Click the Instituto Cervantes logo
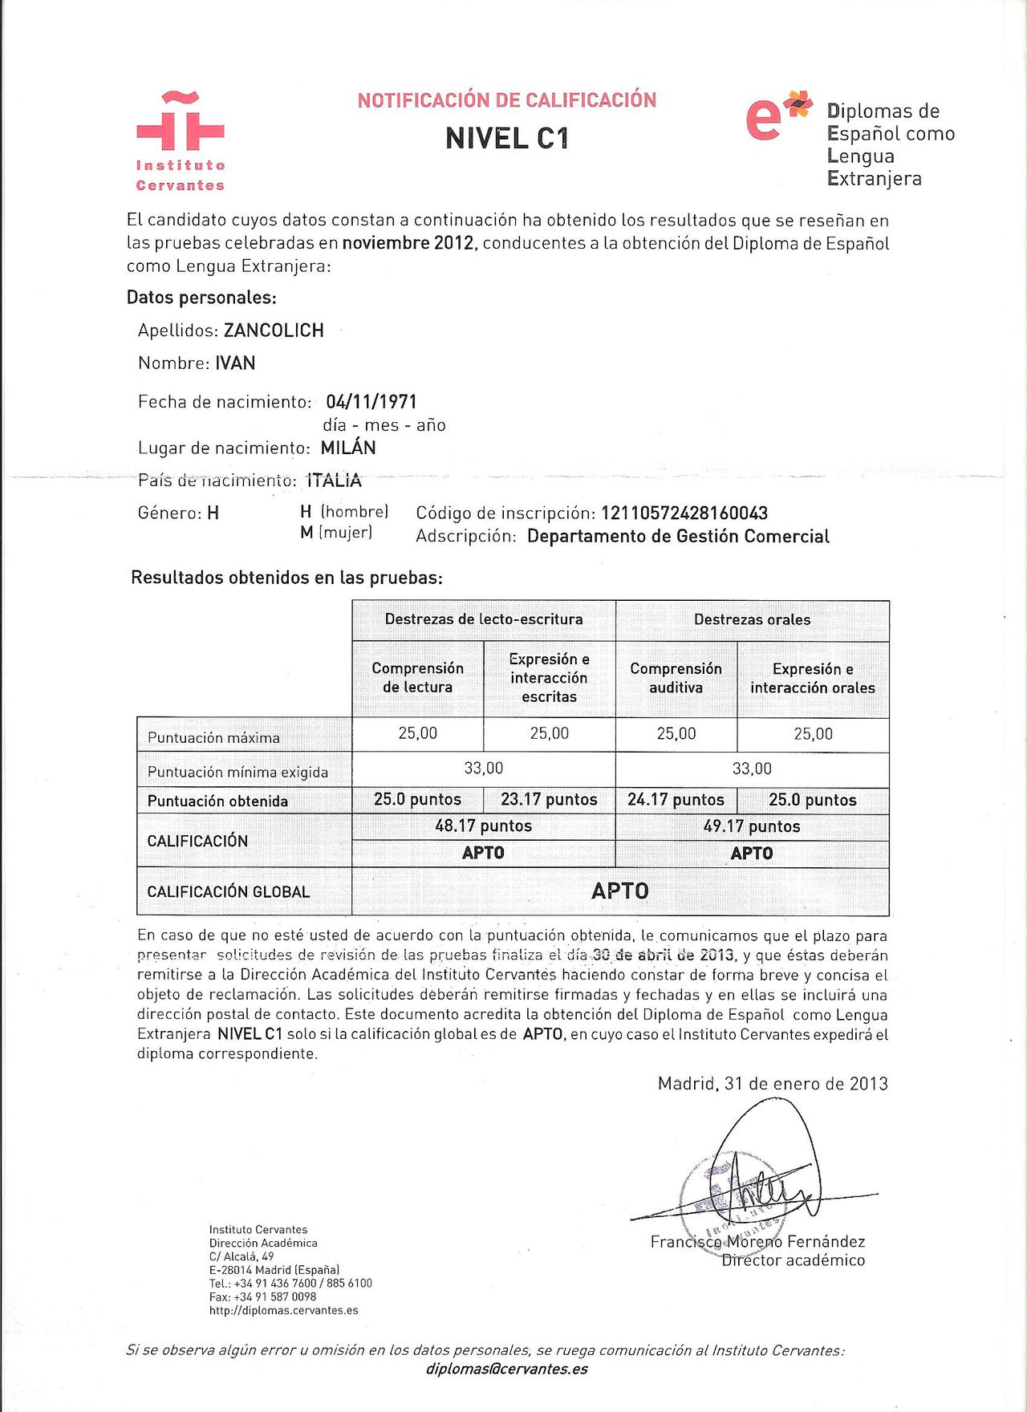pos(180,141)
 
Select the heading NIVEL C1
pos(507,139)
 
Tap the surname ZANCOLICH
pos(274,331)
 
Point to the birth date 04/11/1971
pos(371,402)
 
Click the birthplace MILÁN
pos(348,448)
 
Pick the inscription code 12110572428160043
pos(684,513)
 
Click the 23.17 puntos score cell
pos(549,800)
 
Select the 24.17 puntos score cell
pos(676,800)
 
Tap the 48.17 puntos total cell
pos(483,826)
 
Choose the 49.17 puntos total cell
pos(752,826)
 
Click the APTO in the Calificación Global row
pos(619,891)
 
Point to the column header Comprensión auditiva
pos(676,678)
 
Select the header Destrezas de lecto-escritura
pos(484,619)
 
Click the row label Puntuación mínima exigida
pos(237,773)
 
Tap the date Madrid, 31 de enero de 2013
pos(773,1084)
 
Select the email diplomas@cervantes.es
pos(507,1369)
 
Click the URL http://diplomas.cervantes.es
pos(284,1311)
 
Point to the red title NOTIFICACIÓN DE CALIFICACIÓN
pos(507,100)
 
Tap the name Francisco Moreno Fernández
pos(757,1242)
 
